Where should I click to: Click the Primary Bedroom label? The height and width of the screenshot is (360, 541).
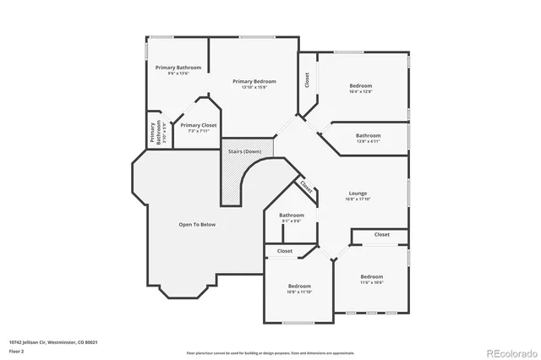coord(254,81)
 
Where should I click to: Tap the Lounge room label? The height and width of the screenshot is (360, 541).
coord(358,193)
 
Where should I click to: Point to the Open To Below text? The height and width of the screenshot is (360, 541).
coord(197,225)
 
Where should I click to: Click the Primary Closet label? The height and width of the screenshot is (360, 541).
coord(198,125)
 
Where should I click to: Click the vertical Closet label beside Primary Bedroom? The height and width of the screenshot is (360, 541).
coord(307,80)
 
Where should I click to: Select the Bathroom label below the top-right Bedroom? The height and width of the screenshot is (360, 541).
coord(368,135)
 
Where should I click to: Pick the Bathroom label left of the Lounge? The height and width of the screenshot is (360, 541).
coord(292,215)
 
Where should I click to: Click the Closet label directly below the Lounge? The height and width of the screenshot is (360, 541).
coord(382,234)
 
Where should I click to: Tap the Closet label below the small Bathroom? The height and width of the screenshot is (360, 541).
coord(285,251)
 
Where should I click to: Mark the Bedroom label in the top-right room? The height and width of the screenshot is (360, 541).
coord(361,85)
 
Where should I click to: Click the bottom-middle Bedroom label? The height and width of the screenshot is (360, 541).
coord(299,286)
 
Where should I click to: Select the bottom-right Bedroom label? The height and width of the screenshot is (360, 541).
coord(372,277)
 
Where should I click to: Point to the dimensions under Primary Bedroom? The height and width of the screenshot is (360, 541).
coord(254,87)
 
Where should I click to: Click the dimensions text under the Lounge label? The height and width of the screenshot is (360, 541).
coord(358,199)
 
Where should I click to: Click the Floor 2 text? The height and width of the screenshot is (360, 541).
coord(16,350)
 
